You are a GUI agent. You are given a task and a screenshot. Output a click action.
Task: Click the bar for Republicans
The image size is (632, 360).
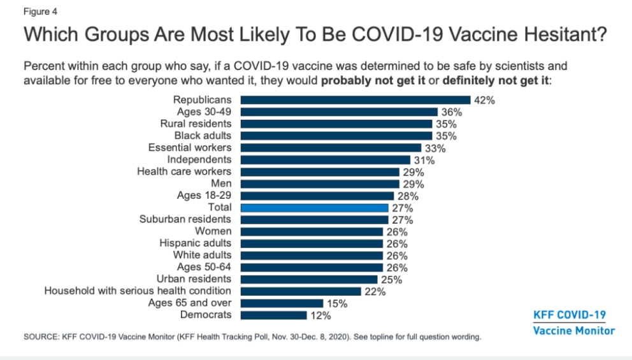pos(355,100)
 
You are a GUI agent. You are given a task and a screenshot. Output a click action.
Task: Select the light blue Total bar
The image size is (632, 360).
pos(314,208)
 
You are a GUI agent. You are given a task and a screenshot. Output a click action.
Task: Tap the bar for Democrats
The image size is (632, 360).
pos(273,315)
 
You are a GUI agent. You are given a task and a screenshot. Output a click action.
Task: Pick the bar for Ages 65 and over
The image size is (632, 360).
pos(282,303)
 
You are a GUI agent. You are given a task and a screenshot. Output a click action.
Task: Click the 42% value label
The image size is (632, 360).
pos(484,100)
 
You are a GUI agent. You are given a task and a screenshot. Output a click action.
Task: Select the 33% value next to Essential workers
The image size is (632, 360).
pos(435,148)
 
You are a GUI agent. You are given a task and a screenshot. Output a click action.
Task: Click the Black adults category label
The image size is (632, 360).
pos(203,136)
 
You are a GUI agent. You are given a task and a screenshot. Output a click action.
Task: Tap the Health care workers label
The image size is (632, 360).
pos(184,171)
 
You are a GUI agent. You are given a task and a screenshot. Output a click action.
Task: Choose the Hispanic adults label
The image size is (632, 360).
pos(195,243)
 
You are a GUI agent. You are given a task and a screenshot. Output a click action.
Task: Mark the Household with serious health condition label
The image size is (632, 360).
pos(138,291)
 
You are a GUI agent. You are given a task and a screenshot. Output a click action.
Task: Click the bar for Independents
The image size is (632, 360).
pos(326,160)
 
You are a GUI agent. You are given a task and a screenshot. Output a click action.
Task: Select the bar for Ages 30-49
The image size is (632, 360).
pos(339,112)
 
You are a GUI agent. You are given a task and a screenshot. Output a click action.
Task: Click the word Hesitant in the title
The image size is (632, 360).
pos(560,35)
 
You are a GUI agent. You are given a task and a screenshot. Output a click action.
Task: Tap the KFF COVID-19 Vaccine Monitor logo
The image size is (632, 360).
pos(573,323)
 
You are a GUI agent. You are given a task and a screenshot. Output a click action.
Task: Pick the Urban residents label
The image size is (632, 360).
pos(194,279)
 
